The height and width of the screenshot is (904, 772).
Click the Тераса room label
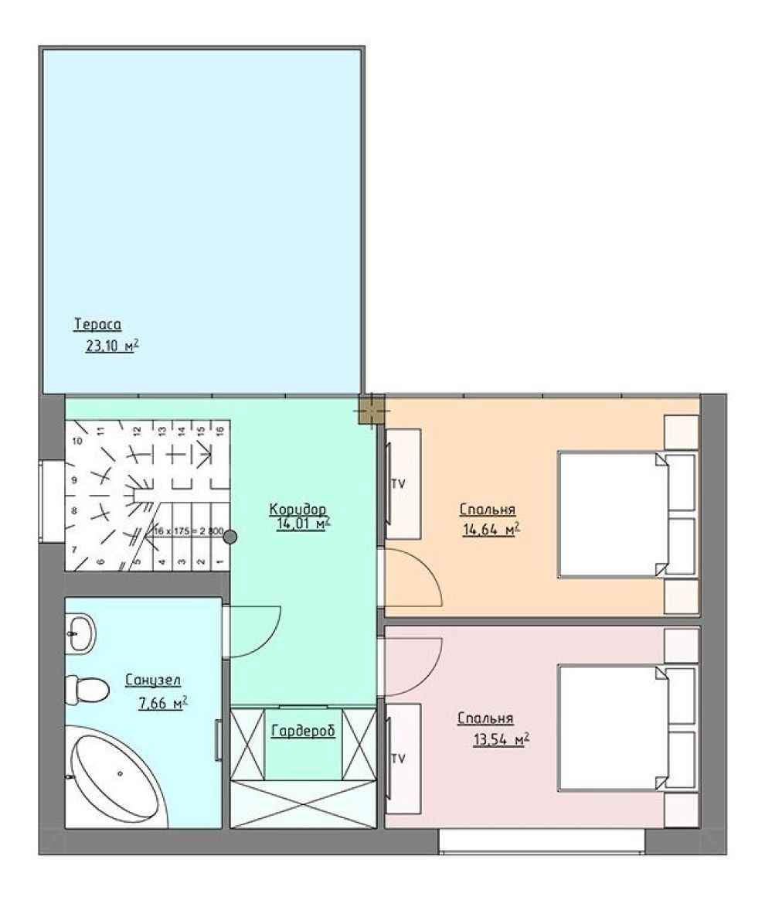click(97, 325)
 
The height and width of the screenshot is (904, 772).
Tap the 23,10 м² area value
click(112, 346)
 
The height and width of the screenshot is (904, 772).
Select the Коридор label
click(298, 509)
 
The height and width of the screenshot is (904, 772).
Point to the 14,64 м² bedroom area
click(491, 529)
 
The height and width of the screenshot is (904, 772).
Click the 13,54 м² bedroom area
click(502, 739)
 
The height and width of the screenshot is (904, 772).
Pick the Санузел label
click(153, 681)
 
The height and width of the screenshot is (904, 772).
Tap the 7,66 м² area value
click(163, 704)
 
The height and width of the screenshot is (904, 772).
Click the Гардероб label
click(303, 731)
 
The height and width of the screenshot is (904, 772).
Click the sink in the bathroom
click(80, 633)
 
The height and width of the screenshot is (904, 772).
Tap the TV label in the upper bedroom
click(398, 484)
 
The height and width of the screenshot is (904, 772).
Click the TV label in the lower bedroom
click(398, 759)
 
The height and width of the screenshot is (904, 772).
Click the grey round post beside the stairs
click(230, 537)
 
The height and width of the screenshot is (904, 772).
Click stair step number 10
click(77, 441)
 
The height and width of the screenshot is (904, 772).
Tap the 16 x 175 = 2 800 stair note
click(188, 531)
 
